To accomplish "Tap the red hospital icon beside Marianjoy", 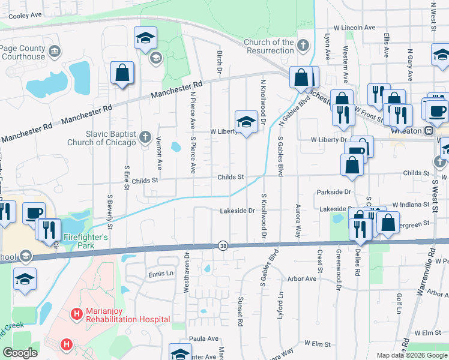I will (x=76, y=314).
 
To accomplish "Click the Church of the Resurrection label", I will (x=269, y=46).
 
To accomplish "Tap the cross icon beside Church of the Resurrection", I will (x=303, y=46).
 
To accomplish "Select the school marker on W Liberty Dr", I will (x=246, y=122).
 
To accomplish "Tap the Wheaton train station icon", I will (x=429, y=130).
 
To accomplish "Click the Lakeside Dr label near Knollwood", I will (x=238, y=211).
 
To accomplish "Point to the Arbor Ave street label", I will (x=302, y=279).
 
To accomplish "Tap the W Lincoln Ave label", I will (x=354, y=28).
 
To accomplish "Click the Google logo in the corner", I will (x=20, y=353).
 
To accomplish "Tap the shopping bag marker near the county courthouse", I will (x=122, y=73).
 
